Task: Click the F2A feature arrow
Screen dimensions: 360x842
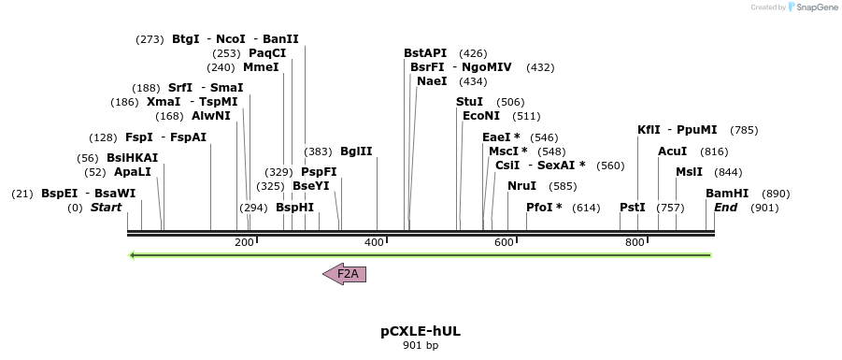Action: [x=345, y=274]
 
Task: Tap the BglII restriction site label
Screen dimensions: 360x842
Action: [x=356, y=151]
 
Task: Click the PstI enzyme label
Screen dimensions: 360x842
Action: [x=633, y=208]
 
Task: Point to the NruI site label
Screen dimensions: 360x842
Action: [x=522, y=186]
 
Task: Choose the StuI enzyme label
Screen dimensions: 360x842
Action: [x=469, y=102]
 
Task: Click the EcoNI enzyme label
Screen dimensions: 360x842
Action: [x=481, y=116]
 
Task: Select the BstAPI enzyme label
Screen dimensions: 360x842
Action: [x=425, y=53]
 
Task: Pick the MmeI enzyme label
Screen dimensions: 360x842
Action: [x=261, y=67]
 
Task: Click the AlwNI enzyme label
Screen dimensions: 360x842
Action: [x=210, y=116]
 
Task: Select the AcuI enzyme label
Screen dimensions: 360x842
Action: [x=673, y=151]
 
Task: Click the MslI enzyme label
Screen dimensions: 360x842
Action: [x=689, y=172]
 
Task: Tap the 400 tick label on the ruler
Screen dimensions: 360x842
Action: [x=374, y=243]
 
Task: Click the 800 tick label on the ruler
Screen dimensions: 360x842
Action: [x=635, y=243]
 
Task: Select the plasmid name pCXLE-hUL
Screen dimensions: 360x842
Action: [x=421, y=331]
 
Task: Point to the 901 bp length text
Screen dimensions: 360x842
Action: [x=421, y=346]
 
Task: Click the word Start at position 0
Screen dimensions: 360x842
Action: [x=106, y=208]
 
